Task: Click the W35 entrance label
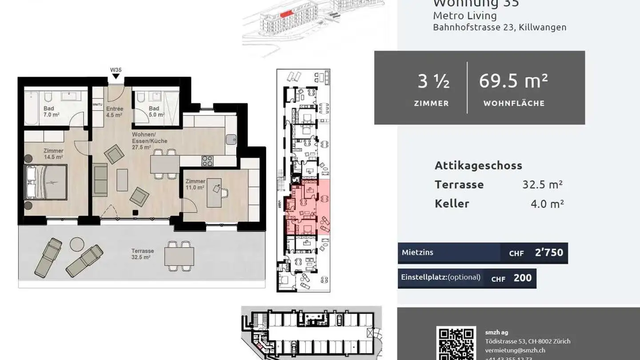click(x=116, y=70)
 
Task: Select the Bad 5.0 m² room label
click(x=156, y=112)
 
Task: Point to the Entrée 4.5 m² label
click(x=114, y=112)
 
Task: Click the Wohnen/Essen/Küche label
click(x=149, y=140)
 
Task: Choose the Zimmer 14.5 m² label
click(x=53, y=154)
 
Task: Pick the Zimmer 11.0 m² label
click(x=195, y=184)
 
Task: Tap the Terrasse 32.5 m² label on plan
click(x=142, y=254)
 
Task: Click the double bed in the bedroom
click(x=46, y=182)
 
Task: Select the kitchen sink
click(x=231, y=139)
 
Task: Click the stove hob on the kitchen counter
click(x=207, y=160)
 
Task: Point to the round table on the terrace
click(x=77, y=244)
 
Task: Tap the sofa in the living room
click(x=100, y=180)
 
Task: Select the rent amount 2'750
click(x=549, y=253)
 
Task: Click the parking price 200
click(x=522, y=278)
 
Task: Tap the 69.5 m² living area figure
click(x=513, y=81)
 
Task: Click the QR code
click(x=456, y=344)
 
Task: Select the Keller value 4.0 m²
click(x=547, y=204)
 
